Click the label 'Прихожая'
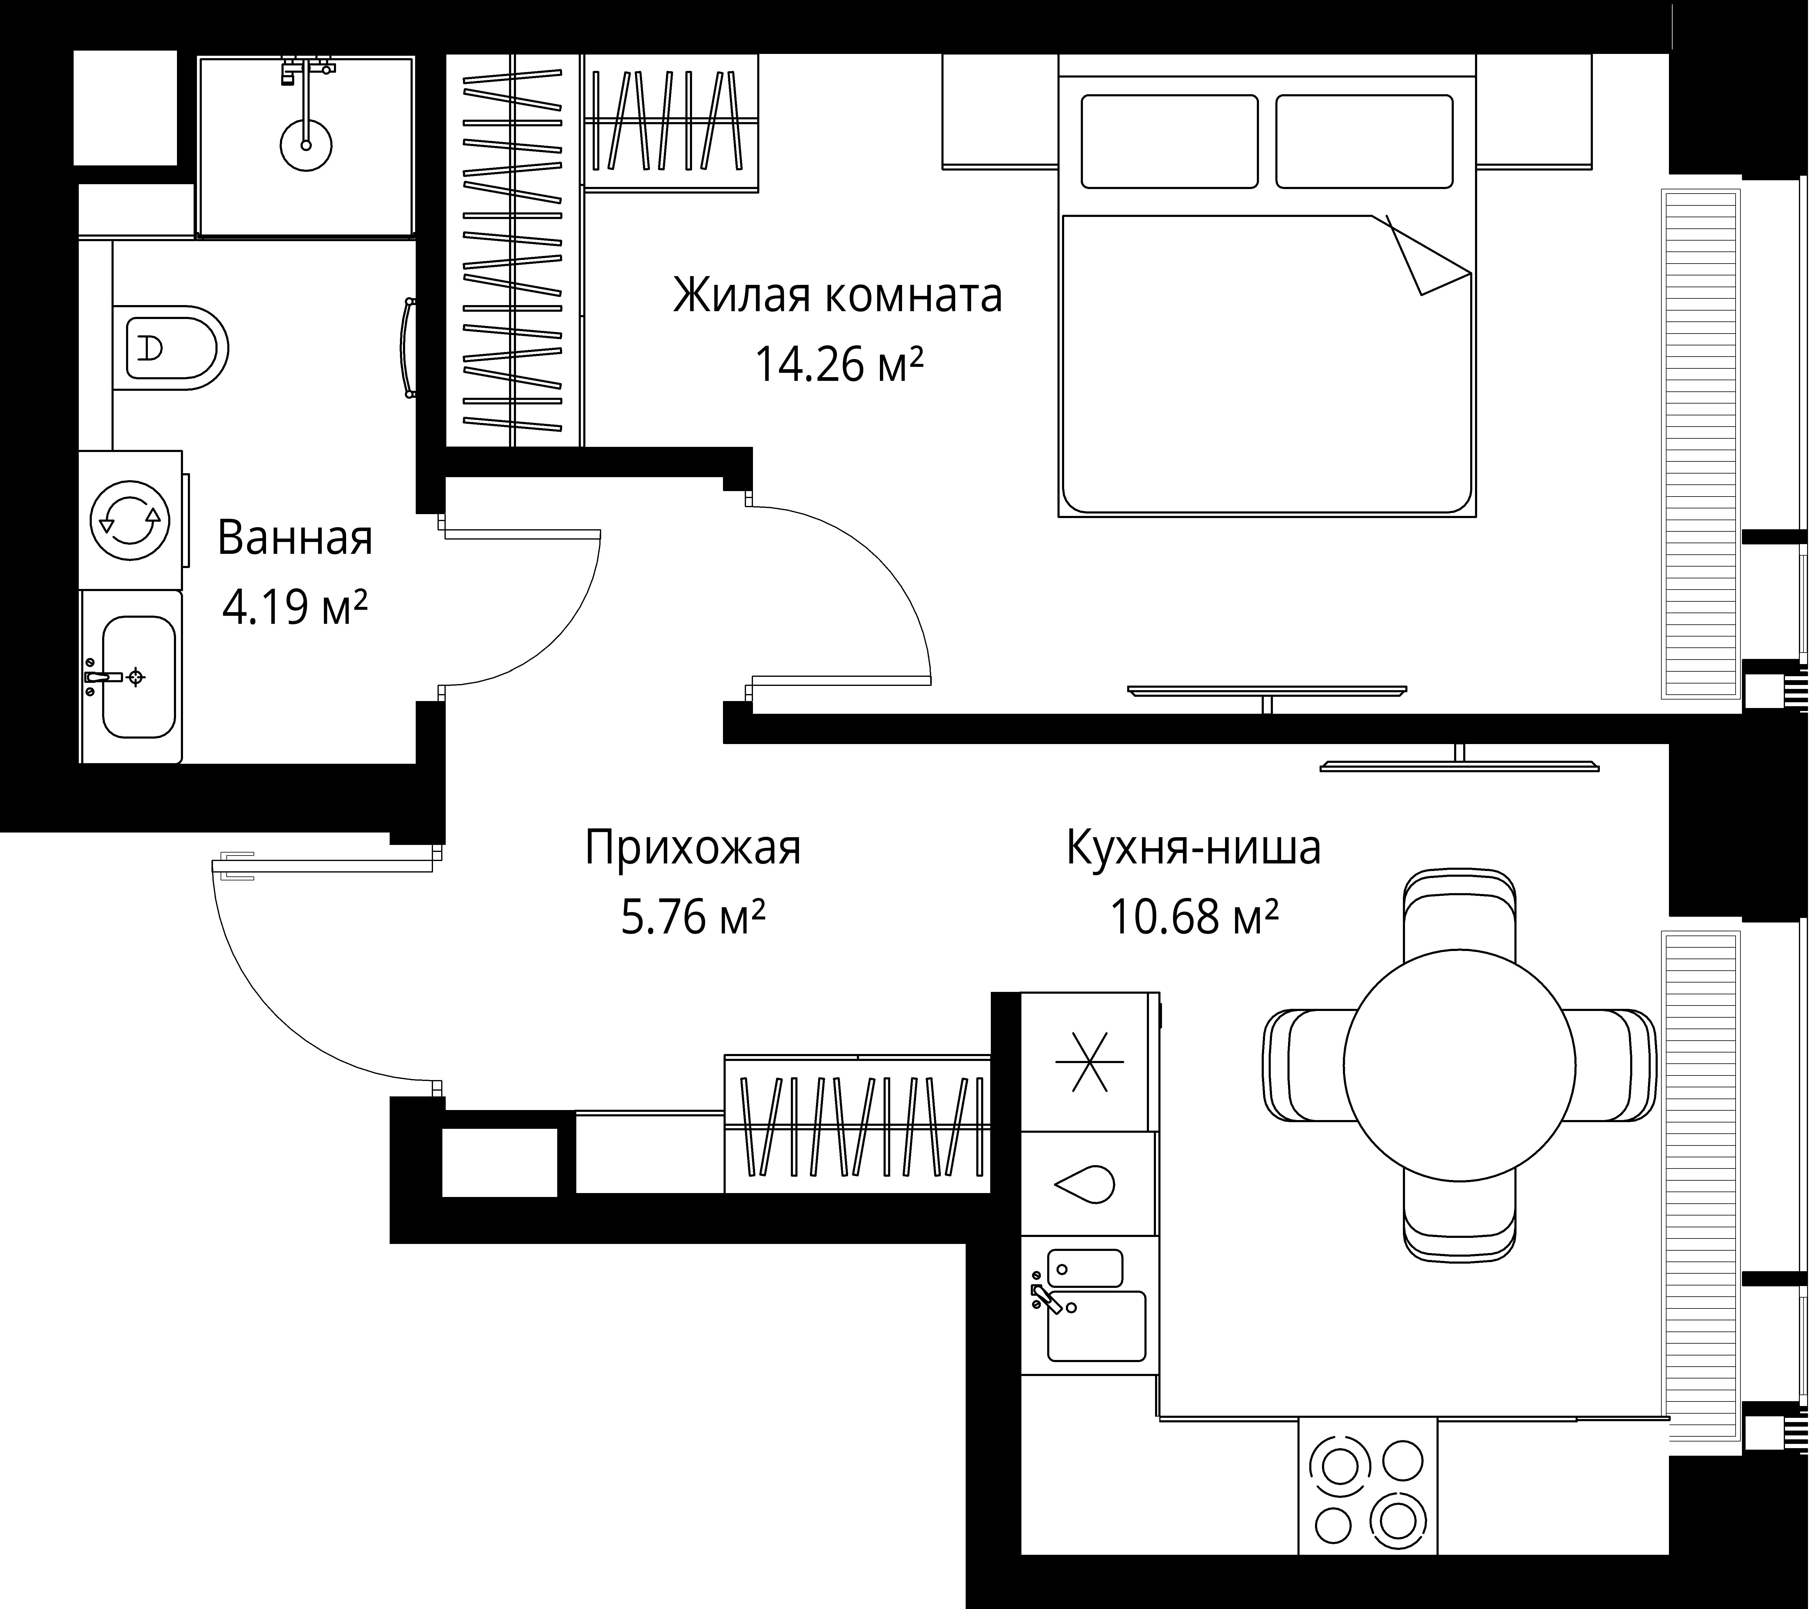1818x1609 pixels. pos(693,848)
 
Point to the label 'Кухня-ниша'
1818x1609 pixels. pos(1194,848)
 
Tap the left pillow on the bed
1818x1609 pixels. pos(1170,141)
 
